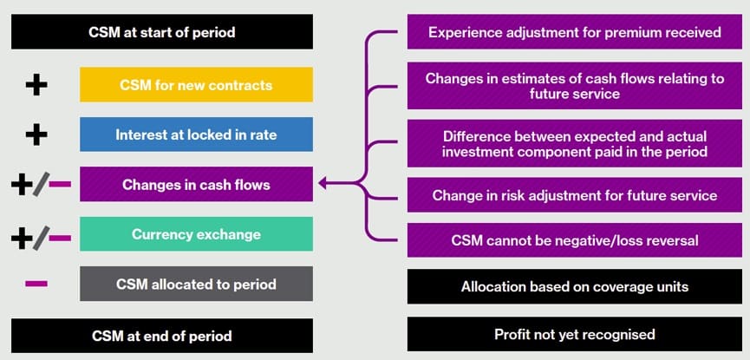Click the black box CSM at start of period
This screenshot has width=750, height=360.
pyautogui.click(x=162, y=32)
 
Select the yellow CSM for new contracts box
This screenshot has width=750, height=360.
pyautogui.click(x=196, y=85)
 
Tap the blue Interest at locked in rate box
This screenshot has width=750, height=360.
pyautogui.click(x=196, y=134)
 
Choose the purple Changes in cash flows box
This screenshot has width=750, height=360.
pyautogui.click(x=196, y=184)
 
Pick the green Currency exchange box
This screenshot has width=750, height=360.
pyautogui.click(x=196, y=234)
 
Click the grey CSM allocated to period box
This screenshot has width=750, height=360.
pyautogui.click(x=196, y=284)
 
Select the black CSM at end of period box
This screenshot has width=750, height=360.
pyautogui.click(x=162, y=336)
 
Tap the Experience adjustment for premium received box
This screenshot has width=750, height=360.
pyautogui.click(x=575, y=32)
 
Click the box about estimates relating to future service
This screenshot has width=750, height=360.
pyautogui.click(x=575, y=85)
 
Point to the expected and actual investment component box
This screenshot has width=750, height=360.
pyautogui.click(x=575, y=144)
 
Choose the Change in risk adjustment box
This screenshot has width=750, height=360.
pyautogui.click(x=575, y=195)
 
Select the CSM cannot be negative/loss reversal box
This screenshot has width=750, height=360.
pyautogui.click(x=575, y=240)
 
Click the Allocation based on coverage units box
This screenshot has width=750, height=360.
pyautogui.click(x=575, y=286)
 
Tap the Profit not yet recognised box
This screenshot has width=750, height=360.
pyautogui.click(x=575, y=334)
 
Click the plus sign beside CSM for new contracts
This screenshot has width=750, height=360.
pyautogui.click(x=36, y=85)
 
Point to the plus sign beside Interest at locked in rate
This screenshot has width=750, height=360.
pyautogui.click(x=36, y=134)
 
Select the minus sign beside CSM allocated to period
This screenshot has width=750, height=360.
pyautogui.click(x=36, y=284)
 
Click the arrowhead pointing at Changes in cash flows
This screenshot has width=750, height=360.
pyautogui.click(x=323, y=184)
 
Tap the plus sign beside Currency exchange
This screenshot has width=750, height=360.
pyautogui.click(x=22, y=235)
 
